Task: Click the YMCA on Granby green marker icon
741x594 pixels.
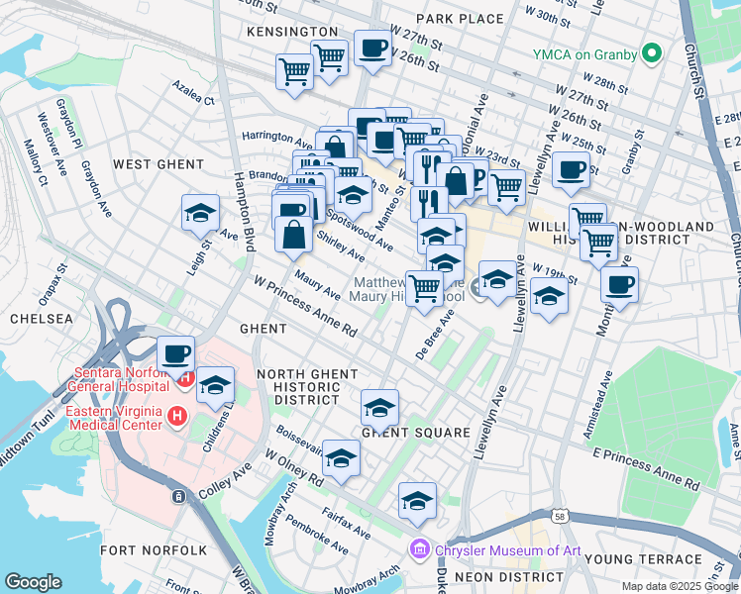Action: point(652,52)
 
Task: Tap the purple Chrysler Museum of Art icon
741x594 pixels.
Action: point(419,549)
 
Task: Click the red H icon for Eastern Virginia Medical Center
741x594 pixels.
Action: point(176,417)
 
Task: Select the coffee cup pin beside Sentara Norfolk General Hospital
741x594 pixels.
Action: point(176,352)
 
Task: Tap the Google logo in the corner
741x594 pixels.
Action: point(33,582)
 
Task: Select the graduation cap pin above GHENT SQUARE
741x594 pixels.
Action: point(379,407)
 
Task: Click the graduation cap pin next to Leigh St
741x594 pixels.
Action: point(199,212)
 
